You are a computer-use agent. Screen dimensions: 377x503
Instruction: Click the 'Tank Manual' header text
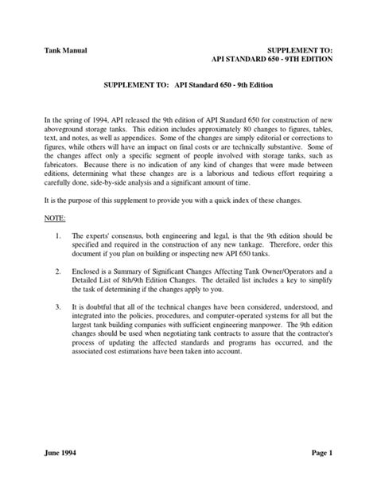click(x=66, y=50)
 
